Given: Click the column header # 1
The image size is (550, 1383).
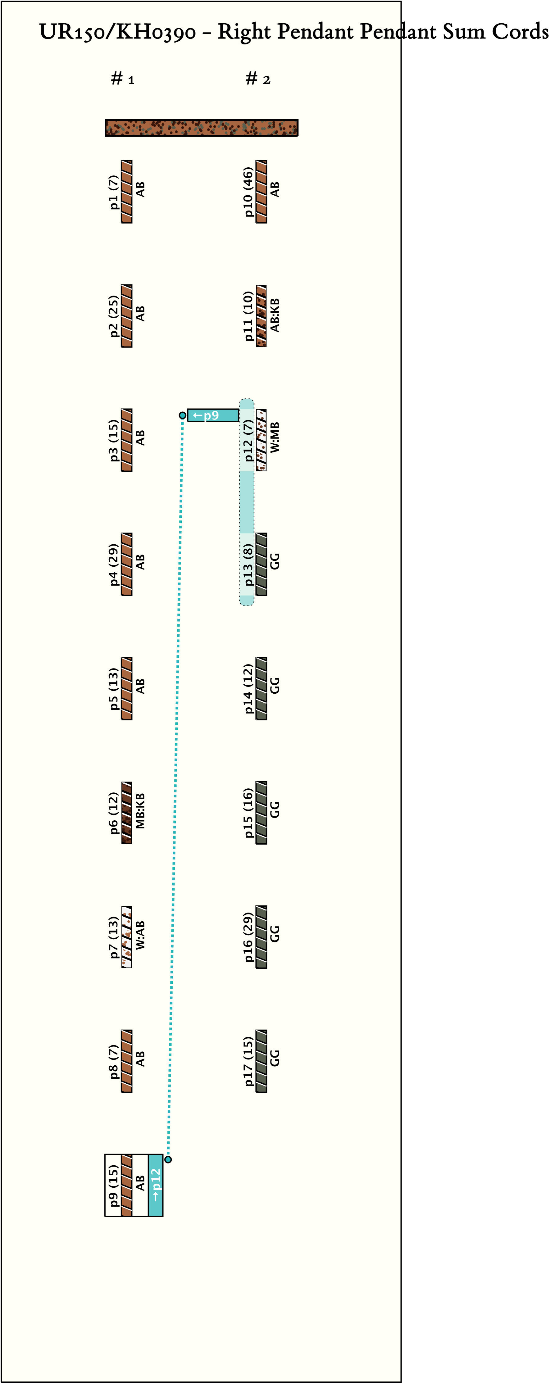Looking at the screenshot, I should [122, 79].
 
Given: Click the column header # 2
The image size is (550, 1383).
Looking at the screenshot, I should [258, 79].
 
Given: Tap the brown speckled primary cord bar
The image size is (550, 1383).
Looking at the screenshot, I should [202, 128].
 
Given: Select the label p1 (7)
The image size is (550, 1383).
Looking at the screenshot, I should [113, 192].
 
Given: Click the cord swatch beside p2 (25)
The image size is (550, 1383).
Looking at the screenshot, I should [127, 316].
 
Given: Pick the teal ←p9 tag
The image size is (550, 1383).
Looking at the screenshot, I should [213, 415].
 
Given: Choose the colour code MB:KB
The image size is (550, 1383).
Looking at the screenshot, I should [140, 811].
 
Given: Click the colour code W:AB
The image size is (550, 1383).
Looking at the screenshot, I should [140, 935].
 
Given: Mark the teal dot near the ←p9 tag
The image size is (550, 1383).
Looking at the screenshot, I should [183, 415].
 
